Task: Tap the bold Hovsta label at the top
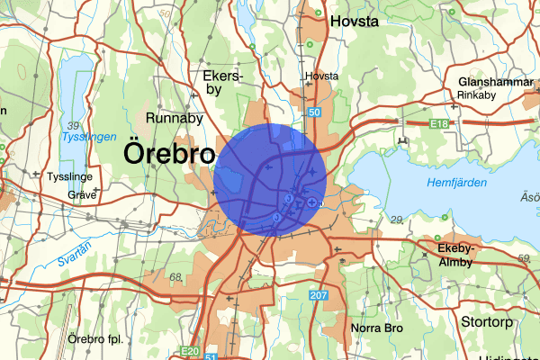pos(356,21)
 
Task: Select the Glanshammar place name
pos(491,79)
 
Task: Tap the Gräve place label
pos(81,193)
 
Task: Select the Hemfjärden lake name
pos(458,183)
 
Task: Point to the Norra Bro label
pos(377,328)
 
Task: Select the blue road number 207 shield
pos(318,296)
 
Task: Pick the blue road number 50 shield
pos(313,112)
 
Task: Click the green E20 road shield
pos(189,351)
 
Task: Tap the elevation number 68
pos(175,276)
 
